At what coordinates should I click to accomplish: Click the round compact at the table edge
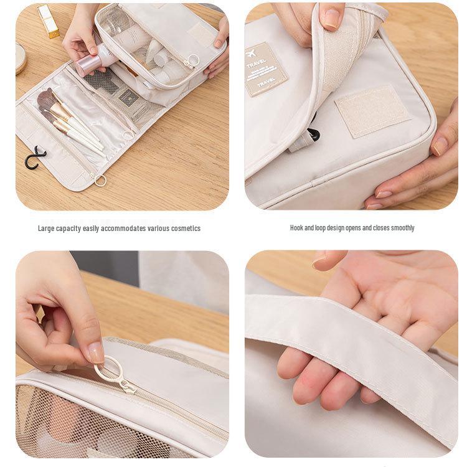coord(21,59)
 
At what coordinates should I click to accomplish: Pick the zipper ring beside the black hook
coord(100,181)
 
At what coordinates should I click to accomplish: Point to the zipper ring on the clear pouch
coord(192,61)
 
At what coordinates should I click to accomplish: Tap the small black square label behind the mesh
coord(127,96)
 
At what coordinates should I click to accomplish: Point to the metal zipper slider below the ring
coord(128,387)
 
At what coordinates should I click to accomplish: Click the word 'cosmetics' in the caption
coord(185,229)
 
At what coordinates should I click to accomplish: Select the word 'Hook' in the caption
coord(297,228)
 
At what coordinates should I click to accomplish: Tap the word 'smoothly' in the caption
coord(402,228)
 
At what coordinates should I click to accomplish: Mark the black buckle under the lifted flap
coord(313,134)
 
